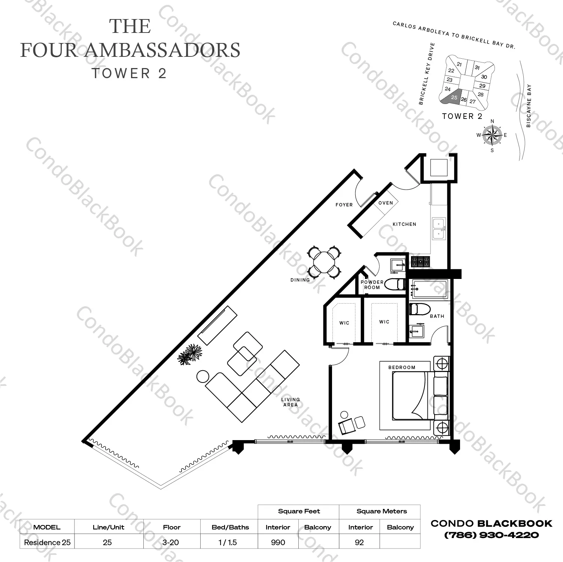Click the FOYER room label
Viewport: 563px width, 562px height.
point(344,205)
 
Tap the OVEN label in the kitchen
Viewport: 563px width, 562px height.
point(386,203)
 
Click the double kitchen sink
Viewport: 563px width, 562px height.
point(439,228)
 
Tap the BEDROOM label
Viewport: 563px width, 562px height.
point(402,367)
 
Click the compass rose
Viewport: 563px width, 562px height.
point(492,135)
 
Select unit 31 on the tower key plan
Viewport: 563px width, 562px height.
point(477,68)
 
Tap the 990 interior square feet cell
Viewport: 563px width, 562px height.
point(278,542)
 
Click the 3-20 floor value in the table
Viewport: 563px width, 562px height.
point(171,542)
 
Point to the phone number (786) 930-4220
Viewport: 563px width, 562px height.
point(491,535)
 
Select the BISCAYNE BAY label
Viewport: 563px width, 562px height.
point(529,106)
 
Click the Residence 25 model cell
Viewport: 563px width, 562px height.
point(47,542)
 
